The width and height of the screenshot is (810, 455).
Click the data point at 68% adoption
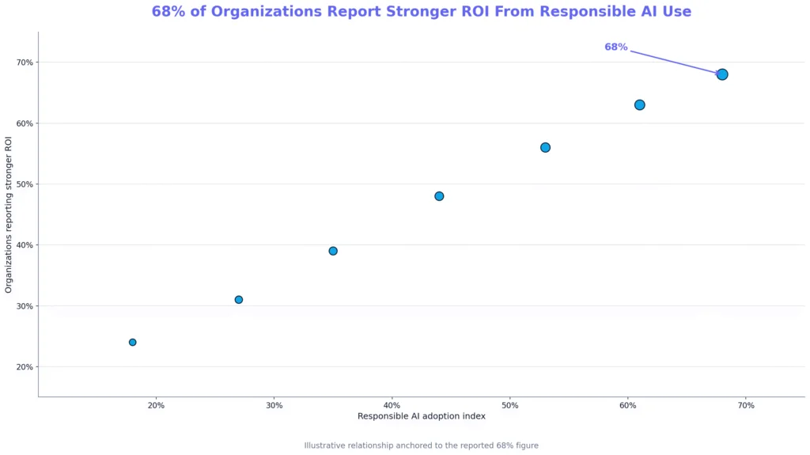722,74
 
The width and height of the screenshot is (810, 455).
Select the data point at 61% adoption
639,105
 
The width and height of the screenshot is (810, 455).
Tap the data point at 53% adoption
545,147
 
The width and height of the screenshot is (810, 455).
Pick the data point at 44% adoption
439,196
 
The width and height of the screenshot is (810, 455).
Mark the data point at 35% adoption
333,251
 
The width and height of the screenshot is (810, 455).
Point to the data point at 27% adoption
239,300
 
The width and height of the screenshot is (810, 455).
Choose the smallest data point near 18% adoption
133,343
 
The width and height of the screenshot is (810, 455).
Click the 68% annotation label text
615,47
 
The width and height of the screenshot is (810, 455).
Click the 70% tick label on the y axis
25,63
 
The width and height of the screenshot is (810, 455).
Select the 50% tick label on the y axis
25,184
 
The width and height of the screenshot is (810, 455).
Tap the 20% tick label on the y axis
25,367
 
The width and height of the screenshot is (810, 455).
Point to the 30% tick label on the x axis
274,405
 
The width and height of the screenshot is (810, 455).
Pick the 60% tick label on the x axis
627,405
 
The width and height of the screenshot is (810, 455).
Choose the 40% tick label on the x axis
392,405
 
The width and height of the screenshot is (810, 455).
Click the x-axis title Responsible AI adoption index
422,416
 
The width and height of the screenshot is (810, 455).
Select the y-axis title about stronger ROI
8,214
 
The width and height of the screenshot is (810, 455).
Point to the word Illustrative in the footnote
322,446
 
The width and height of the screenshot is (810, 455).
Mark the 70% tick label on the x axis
746,405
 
